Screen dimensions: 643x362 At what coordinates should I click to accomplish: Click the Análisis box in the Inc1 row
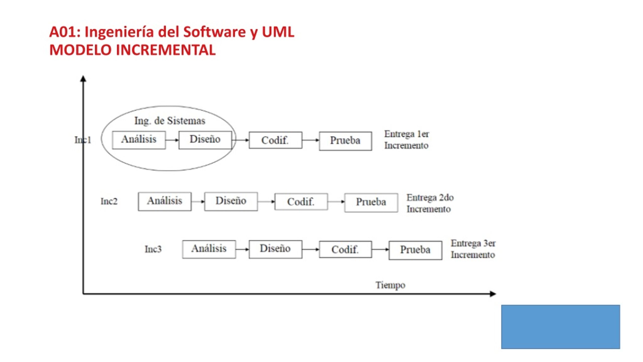click(x=139, y=140)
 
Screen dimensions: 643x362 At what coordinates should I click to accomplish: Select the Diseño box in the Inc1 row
click(x=205, y=140)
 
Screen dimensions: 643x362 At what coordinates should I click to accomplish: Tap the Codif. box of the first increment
click(x=276, y=140)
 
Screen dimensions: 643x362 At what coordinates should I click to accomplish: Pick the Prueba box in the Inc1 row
click(x=346, y=141)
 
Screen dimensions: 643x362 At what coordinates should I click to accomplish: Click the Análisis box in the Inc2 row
click(x=165, y=202)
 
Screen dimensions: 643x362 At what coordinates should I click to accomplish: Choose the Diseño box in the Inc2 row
click(x=231, y=202)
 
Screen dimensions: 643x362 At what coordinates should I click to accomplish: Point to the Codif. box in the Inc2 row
click(x=301, y=202)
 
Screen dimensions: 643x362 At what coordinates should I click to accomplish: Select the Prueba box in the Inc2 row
click(x=371, y=203)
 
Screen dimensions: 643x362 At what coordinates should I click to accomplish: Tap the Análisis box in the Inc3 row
click(x=209, y=249)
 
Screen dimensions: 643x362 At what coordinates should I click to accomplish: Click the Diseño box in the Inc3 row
click(x=276, y=249)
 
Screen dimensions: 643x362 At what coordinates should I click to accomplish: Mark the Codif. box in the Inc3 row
click(x=346, y=249)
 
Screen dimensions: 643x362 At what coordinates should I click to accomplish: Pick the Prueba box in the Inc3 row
click(x=415, y=250)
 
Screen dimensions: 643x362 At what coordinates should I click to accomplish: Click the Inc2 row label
click(x=109, y=201)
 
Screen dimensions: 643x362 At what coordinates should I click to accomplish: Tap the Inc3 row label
click(x=153, y=249)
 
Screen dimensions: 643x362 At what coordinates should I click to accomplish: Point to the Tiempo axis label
click(x=391, y=285)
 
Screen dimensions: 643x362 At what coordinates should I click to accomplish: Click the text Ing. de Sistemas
click(x=170, y=121)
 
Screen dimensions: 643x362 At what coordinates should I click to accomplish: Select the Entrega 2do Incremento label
click(x=430, y=203)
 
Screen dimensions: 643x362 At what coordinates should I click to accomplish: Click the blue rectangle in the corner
click(x=561, y=327)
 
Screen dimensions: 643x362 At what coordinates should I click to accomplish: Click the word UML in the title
click(x=278, y=32)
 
